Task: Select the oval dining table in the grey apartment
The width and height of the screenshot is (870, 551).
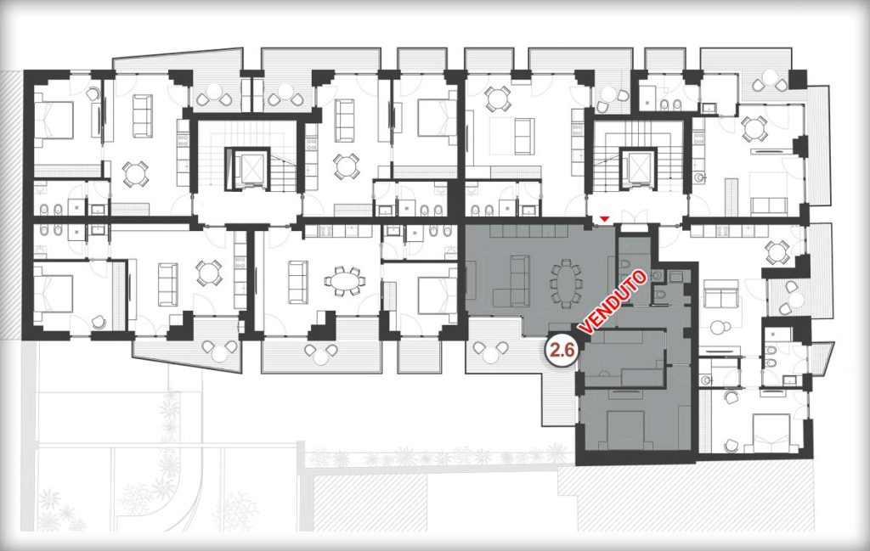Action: click(x=566, y=281)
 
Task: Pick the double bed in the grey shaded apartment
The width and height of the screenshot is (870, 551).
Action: click(x=627, y=421)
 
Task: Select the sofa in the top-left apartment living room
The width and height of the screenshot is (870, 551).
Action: click(x=143, y=115)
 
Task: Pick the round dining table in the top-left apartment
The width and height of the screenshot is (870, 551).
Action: click(x=135, y=173)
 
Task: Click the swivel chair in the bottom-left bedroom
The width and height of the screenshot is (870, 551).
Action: click(x=99, y=322)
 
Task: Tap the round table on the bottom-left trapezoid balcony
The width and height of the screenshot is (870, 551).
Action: click(x=222, y=351)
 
